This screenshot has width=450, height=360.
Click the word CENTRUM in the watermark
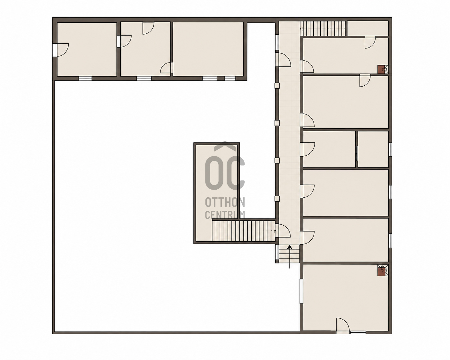[x=225, y=215]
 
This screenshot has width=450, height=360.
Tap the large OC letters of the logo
[x=225, y=173]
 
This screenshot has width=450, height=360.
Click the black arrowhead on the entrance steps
[x=290, y=247]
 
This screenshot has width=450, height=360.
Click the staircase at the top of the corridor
[x=323, y=29]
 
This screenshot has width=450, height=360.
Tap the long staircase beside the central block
[x=244, y=231]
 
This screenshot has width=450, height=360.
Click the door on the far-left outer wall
[x=61, y=50]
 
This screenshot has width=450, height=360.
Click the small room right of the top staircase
[x=368, y=29]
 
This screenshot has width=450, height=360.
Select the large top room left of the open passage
[x=208, y=49]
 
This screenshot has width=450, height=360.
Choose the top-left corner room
[x=87, y=49]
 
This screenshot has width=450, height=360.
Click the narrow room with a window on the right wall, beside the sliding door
[x=373, y=149]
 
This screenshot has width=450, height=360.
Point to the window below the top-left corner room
[x=85, y=78]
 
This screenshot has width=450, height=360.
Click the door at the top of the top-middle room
[x=149, y=28]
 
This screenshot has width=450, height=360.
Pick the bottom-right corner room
[x=346, y=298]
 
